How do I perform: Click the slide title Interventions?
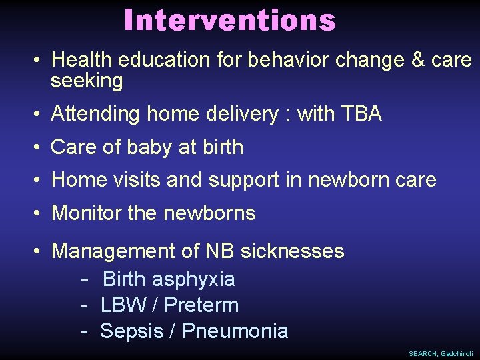point(229,20)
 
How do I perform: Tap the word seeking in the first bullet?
point(87,81)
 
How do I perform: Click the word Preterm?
point(201,305)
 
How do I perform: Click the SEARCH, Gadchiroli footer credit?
point(441,353)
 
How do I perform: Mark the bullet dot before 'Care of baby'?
point(37,147)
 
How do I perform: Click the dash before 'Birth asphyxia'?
point(85,278)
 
